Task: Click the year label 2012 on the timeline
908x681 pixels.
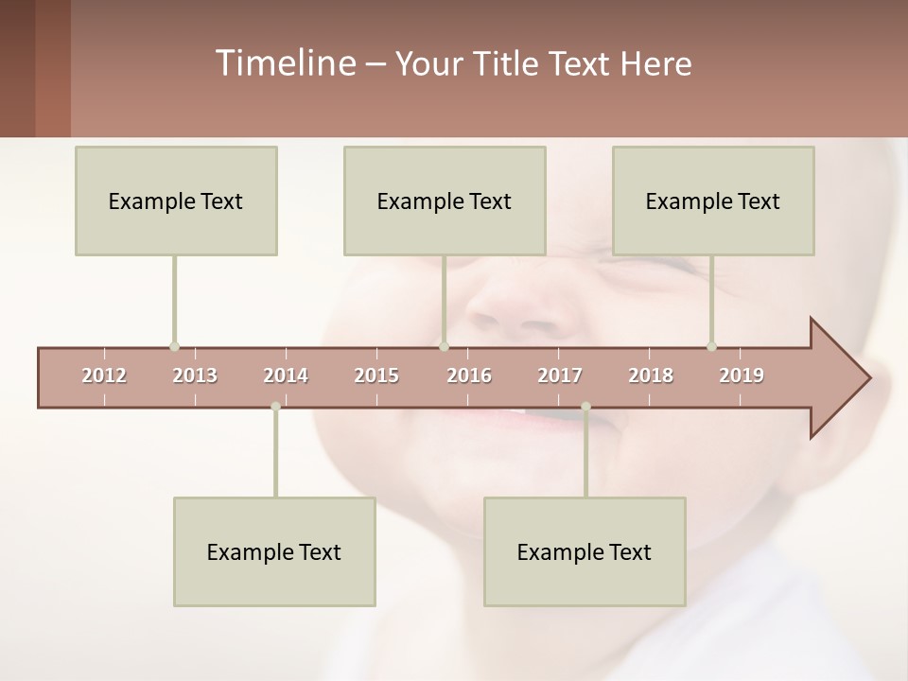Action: pyautogui.click(x=104, y=375)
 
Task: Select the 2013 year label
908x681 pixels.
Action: pyautogui.click(x=195, y=375)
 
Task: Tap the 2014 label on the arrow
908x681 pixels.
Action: pyautogui.click(x=286, y=375)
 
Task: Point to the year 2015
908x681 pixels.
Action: pyautogui.click(x=376, y=375)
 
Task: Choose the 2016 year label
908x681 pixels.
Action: pyautogui.click(x=469, y=375)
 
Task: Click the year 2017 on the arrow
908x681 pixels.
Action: pyautogui.click(x=560, y=375)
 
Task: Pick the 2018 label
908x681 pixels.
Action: pyautogui.click(x=651, y=375)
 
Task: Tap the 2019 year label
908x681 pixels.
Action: pyautogui.click(x=742, y=375)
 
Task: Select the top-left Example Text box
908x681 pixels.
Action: pyautogui.click(x=176, y=201)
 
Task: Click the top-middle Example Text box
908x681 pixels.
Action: pyautogui.click(x=445, y=201)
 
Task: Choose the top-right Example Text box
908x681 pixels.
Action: pyautogui.click(x=713, y=201)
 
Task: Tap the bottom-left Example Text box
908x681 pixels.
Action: pyautogui.click(x=274, y=551)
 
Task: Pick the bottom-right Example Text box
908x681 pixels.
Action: pyautogui.click(x=585, y=551)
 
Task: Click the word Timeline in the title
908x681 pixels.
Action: pyautogui.click(x=284, y=63)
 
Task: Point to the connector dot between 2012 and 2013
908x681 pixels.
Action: pyautogui.click(x=174, y=346)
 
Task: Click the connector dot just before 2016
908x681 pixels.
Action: pyautogui.click(x=445, y=346)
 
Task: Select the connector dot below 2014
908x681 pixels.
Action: pyautogui.click(x=275, y=407)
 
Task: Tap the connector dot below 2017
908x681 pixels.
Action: pyautogui.click(x=585, y=407)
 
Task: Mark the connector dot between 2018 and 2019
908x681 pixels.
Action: pyautogui.click(x=711, y=346)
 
